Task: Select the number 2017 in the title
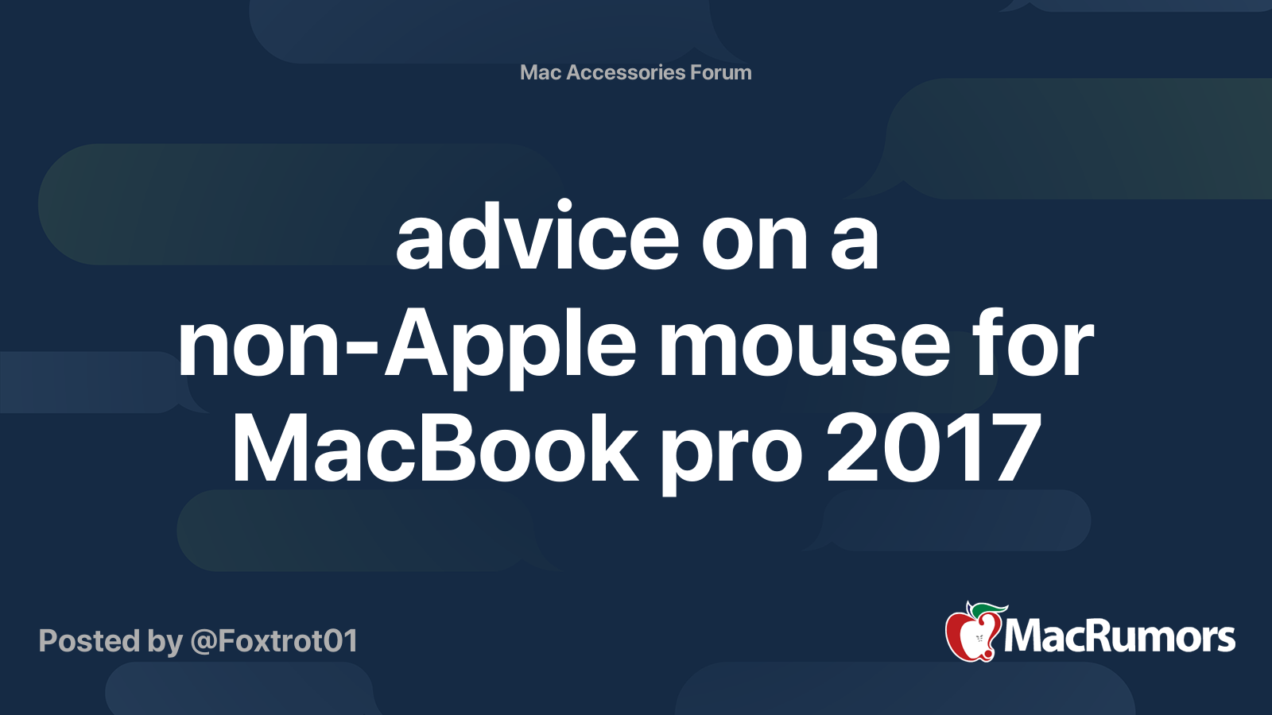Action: tap(933, 449)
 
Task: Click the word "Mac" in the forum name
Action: tap(541, 72)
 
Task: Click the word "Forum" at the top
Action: tap(720, 72)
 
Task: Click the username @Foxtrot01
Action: tap(274, 641)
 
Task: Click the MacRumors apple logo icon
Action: tap(972, 633)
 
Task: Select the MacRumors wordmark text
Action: tap(1119, 636)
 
